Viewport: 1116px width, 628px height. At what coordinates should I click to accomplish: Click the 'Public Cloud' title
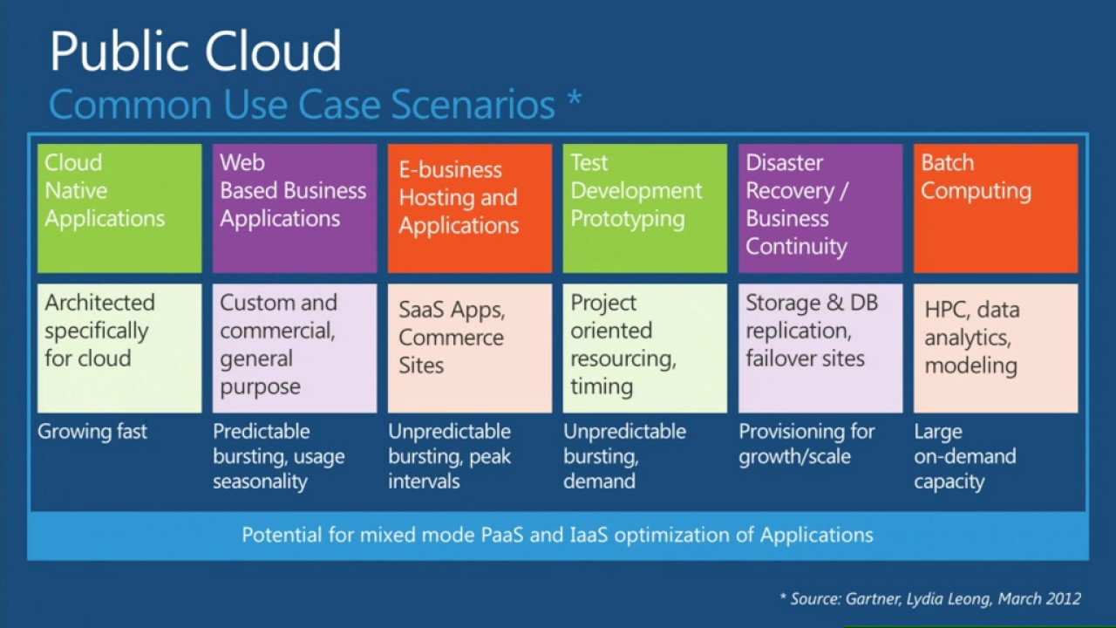[x=195, y=52]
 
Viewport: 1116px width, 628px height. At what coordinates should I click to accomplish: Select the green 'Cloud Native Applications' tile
[x=119, y=208]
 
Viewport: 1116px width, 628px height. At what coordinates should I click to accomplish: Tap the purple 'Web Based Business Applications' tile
[x=295, y=208]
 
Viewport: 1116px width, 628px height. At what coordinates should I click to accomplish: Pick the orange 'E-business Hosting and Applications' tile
[x=470, y=208]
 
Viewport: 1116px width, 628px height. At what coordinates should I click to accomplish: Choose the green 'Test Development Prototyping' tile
[x=645, y=208]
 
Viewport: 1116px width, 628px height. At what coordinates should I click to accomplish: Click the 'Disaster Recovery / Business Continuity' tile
[x=820, y=208]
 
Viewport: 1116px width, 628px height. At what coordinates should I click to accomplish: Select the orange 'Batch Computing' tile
[x=996, y=208]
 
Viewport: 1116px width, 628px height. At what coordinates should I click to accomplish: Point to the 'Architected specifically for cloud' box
[x=119, y=347]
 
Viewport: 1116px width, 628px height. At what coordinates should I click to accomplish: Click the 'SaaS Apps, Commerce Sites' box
[x=470, y=347]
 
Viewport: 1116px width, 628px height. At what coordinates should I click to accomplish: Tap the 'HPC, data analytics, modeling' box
[x=996, y=347]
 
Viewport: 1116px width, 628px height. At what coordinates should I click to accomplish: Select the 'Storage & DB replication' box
[x=820, y=347]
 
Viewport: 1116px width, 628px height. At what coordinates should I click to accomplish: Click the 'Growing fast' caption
[x=92, y=432]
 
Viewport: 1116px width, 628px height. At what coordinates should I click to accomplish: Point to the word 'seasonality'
[x=260, y=481]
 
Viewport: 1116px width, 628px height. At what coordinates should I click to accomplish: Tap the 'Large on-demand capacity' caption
[x=964, y=456]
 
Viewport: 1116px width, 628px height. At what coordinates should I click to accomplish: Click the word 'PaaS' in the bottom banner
[x=502, y=535]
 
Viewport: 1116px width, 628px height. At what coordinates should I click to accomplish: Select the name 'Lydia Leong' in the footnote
[x=949, y=599]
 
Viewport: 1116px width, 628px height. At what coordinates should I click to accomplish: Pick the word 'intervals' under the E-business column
[x=424, y=481]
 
